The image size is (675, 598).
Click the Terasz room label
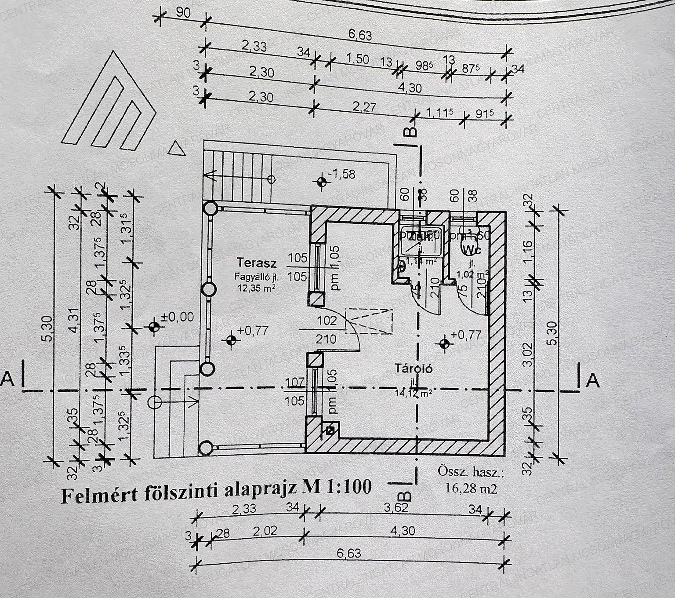click(257, 263)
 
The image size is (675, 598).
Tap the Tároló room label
click(413, 368)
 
